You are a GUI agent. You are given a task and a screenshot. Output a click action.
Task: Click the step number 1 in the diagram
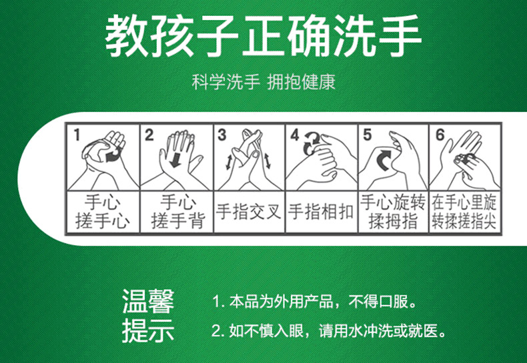click(77, 135)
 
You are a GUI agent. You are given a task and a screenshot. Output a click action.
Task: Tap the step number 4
click(295, 135)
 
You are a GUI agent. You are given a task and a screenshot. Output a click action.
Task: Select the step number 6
click(440, 135)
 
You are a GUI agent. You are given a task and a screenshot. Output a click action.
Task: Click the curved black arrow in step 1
click(113, 155)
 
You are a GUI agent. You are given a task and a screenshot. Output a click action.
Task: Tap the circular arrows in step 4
click(311, 143)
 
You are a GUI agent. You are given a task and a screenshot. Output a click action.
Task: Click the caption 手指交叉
click(248, 212)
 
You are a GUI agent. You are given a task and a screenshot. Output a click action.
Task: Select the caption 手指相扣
click(321, 212)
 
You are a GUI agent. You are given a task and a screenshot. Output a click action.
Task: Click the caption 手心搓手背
click(177, 212)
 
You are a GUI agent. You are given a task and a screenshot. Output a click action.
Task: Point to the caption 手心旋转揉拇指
click(393, 212)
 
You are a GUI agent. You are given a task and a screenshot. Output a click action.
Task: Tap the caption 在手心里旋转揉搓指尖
click(464, 212)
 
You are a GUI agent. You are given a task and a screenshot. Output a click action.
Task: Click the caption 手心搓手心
click(103, 212)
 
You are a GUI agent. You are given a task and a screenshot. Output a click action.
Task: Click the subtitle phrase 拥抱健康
click(301, 82)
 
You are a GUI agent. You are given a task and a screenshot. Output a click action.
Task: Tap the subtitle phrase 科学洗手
click(226, 82)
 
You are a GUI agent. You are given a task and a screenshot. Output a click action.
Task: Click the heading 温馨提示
click(148, 316)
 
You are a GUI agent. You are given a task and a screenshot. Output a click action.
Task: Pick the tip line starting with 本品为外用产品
click(315, 302)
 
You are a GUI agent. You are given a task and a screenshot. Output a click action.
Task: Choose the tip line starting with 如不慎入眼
click(329, 331)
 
